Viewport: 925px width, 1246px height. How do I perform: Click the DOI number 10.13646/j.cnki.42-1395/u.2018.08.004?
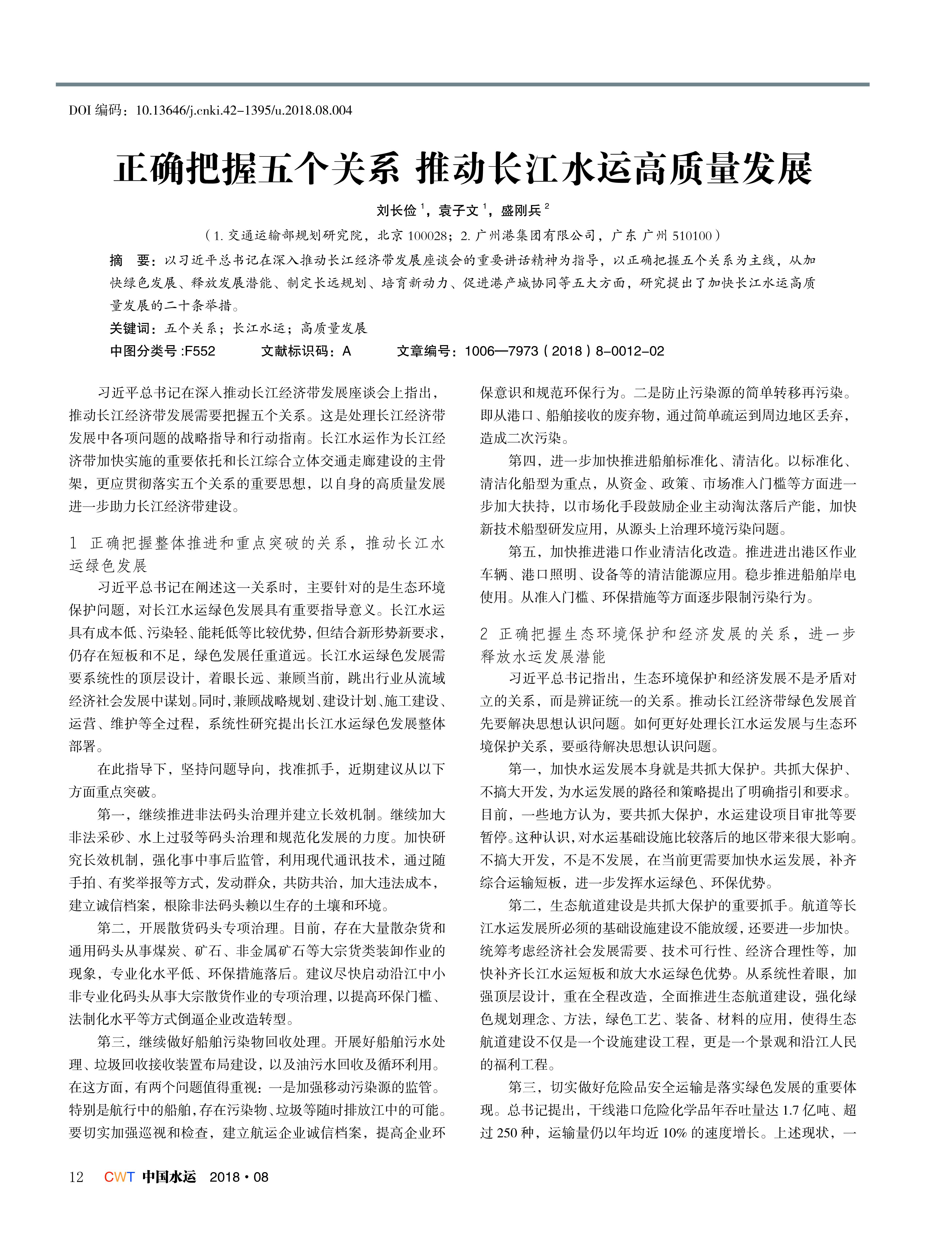244,110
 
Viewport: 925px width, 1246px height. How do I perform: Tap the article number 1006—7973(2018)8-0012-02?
564,351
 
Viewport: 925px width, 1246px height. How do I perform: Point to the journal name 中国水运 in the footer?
169,1177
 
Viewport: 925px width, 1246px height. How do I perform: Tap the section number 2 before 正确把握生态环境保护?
484,634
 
